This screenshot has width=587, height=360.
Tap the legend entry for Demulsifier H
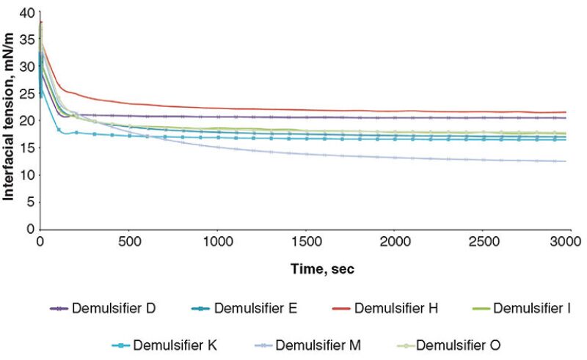click(x=396, y=309)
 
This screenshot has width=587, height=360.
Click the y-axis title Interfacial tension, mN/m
click(x=10, y=122)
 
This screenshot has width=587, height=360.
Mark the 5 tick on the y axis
click(x=30, y=202)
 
